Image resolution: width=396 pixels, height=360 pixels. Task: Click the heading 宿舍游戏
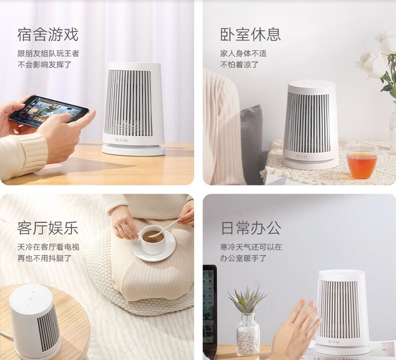[x=48, y=35]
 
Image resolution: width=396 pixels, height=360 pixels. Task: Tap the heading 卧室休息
[x=250, y=35]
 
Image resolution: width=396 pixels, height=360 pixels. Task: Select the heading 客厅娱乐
[x=48, y=228]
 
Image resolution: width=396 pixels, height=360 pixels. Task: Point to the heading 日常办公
[x=251, y=228]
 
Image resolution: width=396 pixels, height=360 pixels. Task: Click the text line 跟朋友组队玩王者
[x=48, y=53]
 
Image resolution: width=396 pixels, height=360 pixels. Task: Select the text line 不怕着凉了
[x=240, y=65]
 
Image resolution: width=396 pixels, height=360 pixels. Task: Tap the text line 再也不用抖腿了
[x=45, y=258]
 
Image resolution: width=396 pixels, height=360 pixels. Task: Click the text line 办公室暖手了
[x=244, y=258]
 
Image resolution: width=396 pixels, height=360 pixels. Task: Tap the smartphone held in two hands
[x=49, y=109]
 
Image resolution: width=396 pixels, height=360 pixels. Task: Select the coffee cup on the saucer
[x=151, y=239]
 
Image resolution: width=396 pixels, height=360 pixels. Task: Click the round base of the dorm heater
[x=133, y=150]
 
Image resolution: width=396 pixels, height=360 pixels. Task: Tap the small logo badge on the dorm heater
[x=122, y=140]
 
